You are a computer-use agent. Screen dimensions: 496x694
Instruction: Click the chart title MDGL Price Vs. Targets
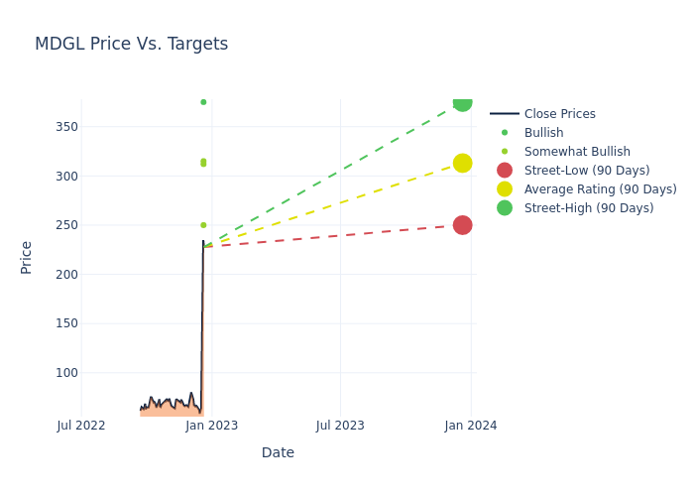131,44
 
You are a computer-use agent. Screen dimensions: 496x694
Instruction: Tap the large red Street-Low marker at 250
462,225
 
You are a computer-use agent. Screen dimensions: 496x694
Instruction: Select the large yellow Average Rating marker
462,163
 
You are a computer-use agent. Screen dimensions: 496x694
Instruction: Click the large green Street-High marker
462,101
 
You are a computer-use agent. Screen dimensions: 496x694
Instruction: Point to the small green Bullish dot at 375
203,102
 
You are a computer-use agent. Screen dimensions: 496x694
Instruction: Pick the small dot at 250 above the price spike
203,225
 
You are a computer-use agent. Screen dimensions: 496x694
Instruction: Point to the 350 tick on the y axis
66,127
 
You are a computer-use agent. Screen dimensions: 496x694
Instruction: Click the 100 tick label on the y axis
66,373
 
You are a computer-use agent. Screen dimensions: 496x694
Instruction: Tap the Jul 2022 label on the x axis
81,426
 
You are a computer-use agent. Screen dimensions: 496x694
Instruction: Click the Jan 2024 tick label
471,426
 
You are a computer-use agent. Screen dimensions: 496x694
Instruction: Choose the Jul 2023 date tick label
340,426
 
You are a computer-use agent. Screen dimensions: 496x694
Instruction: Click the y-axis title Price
27,257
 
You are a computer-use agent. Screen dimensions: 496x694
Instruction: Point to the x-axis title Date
278,452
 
